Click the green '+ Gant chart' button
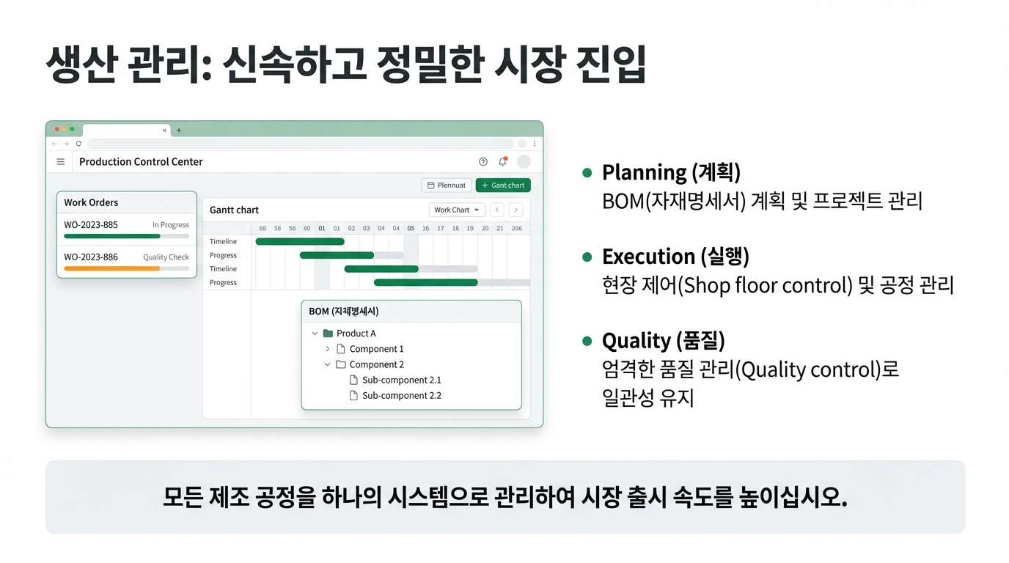pos(503,185)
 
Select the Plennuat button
pos(447,185)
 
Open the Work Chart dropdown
pos(457,210)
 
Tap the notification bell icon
pos(503,161)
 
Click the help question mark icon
pos(483,162)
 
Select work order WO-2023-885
pos(90,225)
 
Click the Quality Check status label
pos(166,257)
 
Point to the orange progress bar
pos(111,268)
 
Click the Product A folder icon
pos(328,334)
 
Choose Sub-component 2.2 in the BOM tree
pos(401,395)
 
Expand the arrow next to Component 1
pos(328,349)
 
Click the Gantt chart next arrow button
pos(515,210)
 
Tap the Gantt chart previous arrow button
pos(497,210)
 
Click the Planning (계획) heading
pos(671,172)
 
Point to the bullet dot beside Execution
pos(587,257)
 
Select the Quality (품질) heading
pos(664,341)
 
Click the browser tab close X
pos(164,130)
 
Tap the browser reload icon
pos(78,144)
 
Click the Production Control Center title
pos(141,162)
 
